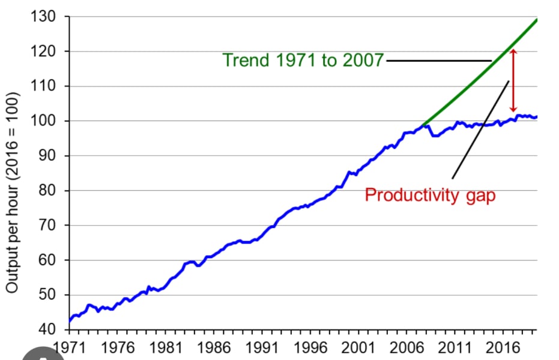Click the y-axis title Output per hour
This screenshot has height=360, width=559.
pos(13,192)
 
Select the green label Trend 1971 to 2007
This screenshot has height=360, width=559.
pos(303,61)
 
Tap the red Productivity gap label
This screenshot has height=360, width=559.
pos(430,196)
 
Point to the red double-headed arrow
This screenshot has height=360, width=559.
pos(513,80)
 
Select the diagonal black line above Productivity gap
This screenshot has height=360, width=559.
pos(480,129)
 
